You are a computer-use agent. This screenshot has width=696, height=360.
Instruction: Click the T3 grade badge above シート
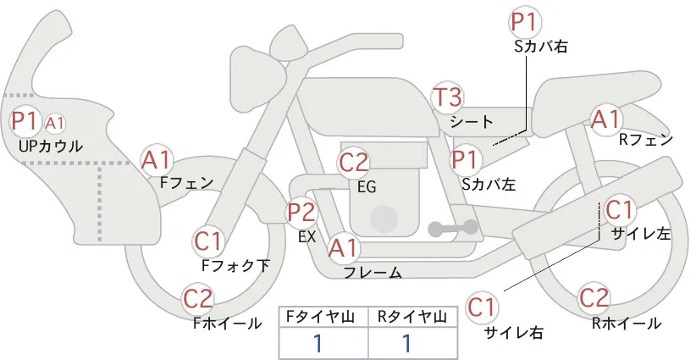click(x=447, y=97)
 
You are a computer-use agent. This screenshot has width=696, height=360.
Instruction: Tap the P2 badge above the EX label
click(x=301, y=213)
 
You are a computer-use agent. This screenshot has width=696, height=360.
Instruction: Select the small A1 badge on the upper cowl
click(x=55, y=124)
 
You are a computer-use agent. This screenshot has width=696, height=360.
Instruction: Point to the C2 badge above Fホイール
click(x=198, y=299)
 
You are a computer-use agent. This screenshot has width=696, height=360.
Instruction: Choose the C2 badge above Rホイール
click(x=594, y=298)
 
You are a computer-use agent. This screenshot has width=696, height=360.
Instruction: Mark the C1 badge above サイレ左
click(x=619, y=210)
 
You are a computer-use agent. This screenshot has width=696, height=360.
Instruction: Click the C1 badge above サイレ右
click(x=482, y=307)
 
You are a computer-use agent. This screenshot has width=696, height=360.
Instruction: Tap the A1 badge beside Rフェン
click(x=605, y=119)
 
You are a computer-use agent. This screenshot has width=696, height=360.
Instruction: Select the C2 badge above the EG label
click(x=353, y=163)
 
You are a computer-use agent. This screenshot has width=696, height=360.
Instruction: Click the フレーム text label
click(x=373, y=273)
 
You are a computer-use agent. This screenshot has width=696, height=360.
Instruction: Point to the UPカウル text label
click(x=51, y=146)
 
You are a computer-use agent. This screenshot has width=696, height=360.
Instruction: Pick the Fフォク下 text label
click(x=235, y=265)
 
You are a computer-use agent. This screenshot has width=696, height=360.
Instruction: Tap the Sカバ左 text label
click(x=489, y=184)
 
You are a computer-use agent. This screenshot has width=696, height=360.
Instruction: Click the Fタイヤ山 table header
click(x=323, y=317)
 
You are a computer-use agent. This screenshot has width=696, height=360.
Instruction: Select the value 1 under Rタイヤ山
click(x=406, y=343)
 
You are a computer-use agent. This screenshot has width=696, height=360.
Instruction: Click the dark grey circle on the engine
click(x=384, y=219)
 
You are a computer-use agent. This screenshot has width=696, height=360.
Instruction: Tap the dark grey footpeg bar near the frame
click(x=453, y=228)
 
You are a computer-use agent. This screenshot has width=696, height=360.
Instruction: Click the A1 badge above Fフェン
click(x=156, y=161)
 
